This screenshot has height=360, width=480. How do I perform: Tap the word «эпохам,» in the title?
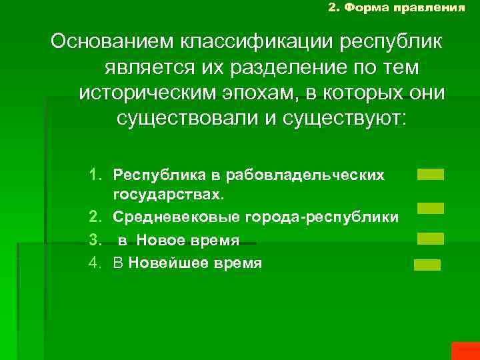(267, 93)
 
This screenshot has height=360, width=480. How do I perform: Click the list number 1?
(96, 175)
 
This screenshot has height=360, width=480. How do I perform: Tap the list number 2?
(96, 217)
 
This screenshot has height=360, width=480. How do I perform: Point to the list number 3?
(96, 240)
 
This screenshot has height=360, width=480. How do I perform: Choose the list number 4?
(96, 263)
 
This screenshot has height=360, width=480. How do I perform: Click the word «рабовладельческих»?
(305, 175)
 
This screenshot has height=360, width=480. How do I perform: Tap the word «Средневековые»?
(166, 217)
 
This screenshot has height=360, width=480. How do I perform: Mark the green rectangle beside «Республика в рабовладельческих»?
(430, 175)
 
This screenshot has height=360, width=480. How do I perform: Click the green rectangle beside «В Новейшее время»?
(427, 265)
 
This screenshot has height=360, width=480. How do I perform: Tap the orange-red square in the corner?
(465, 351)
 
